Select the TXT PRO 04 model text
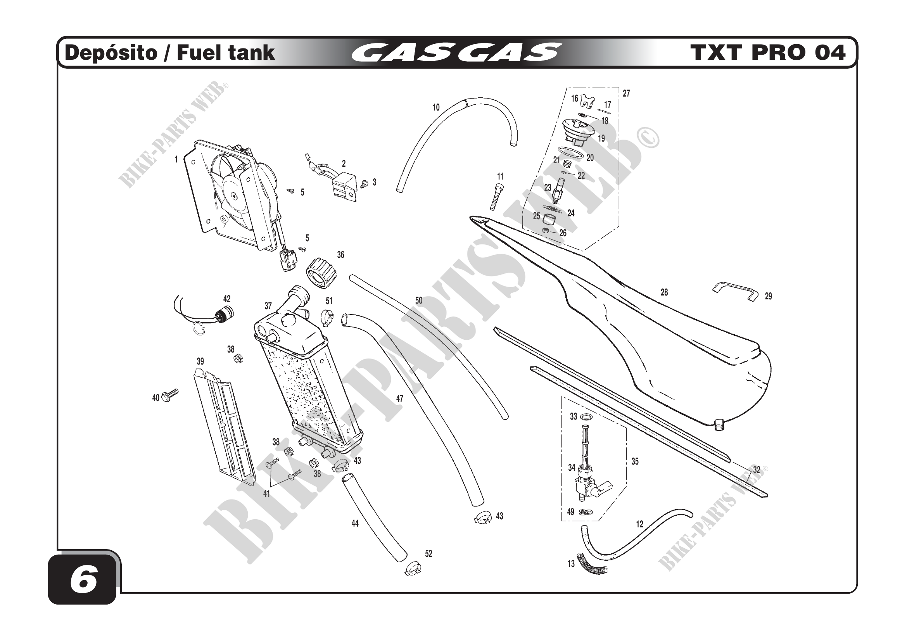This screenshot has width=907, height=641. click(x=768, y=53)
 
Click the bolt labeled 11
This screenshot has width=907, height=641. click(x=497, y=197)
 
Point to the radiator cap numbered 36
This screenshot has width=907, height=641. click(x=321, y=273)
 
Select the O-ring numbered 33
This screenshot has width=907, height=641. click(x=588, y=417)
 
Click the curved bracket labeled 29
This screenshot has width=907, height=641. click(x=736, y=292)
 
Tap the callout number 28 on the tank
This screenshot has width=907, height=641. click(x=664, y=293)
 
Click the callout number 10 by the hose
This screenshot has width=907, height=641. click(x=436, y=107)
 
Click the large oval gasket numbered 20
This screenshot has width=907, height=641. click(x=570, y=153)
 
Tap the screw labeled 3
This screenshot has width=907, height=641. click(x=364, y=183)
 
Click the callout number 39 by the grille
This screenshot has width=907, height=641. click(x=200, y=361)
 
